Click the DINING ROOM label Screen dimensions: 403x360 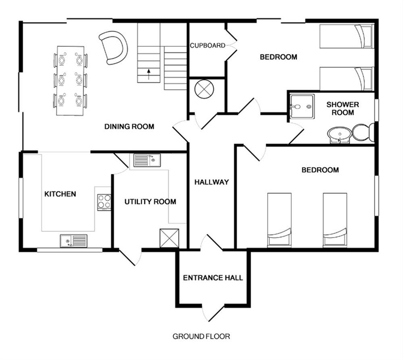click(129, 127)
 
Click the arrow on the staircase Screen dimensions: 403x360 click(149, 74)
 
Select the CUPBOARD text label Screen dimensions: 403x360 click(207, 45)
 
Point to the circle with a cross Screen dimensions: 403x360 click(204, 89)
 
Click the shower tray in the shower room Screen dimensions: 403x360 click(302, 106)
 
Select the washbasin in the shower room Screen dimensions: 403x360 click(340, 135)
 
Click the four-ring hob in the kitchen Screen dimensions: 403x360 click(104, 202)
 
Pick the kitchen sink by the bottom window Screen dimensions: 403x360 click(74, 241)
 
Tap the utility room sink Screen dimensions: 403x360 click(147, 160)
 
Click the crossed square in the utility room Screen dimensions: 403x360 click(169, 238)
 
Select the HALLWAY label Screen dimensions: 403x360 click(212, 182)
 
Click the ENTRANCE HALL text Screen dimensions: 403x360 click(213, 278)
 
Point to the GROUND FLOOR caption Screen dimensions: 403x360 click(201, 336)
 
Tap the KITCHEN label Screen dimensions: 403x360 click(60, 194)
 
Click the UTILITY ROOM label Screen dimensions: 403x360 click(150, 202)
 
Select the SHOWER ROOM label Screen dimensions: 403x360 click(343, 109)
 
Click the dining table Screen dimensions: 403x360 click(71, 81)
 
